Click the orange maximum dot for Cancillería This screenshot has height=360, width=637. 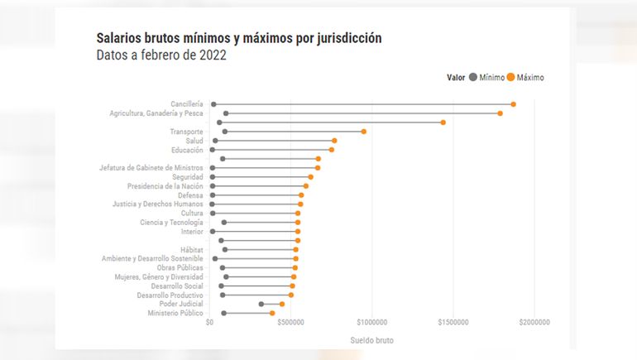pyautogui.click(x=513, y=104)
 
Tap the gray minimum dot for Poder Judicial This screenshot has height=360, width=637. pyautogui.click(x=261, y=305)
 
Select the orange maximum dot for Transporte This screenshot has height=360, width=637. pyautogui.click(x=363, y=132)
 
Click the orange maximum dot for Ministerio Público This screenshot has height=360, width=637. pyautogui.click(x=272, y=314)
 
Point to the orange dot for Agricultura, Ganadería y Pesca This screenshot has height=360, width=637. pyautogui.click(x=500, y=113)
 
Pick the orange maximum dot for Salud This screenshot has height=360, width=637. pyautogui.click(x=334, y=141)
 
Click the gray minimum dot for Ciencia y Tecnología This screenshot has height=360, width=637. pyautogui.click(x=224, y=223)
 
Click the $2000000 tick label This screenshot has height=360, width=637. pyautogui.click(x=534, y=323)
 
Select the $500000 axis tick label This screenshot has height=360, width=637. pyautogui.click(x=291, y=323)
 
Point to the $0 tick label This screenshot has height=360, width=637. pyautogui.click(x=210, y=323)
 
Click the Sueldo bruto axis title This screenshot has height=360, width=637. pyautogui.click(x=372, y=340)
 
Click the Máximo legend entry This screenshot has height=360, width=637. pyautogui.click(x=525, y=77)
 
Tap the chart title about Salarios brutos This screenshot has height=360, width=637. pyautogui.click(x=238, y=38)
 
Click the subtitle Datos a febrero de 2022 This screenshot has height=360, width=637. pyautogui.click(x=161, y=55)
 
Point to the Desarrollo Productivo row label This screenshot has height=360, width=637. pyautogui.click(x=170, y=295)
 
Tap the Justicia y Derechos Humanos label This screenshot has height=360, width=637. pyautogui.click(x=158, y=204)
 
